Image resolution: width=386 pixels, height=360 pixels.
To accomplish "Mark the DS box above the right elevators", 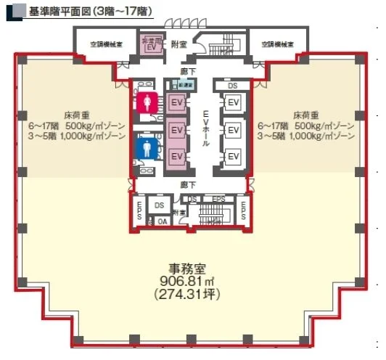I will (233, 86).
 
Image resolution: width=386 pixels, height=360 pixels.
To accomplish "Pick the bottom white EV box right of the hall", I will (233, 156).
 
